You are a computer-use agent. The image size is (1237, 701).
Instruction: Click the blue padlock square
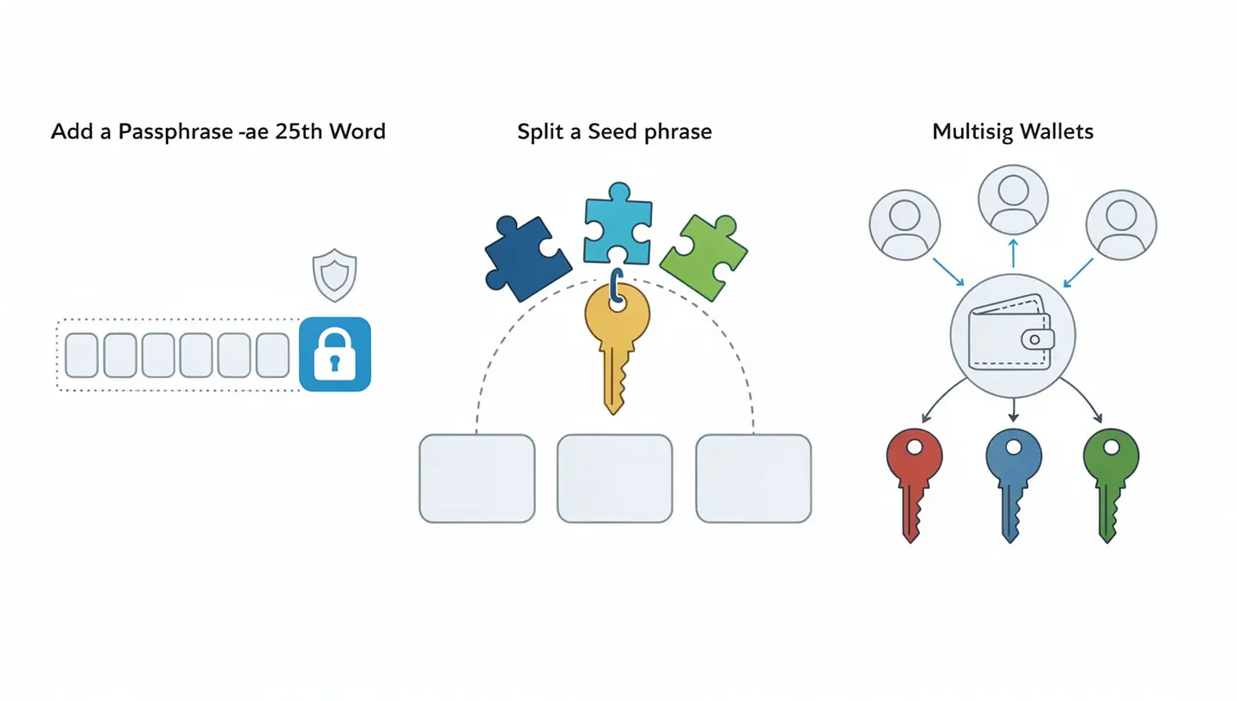tap(335, 354)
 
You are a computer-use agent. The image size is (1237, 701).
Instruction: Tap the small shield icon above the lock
tap(334, 275)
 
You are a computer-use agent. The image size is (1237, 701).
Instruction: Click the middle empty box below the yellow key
tap(614, 479)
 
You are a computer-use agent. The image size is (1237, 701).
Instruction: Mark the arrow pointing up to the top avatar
tap(1013, 254)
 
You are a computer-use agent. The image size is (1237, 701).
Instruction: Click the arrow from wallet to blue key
tap(1013, 411)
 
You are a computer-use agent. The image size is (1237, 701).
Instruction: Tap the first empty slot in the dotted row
tap(82, 355)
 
